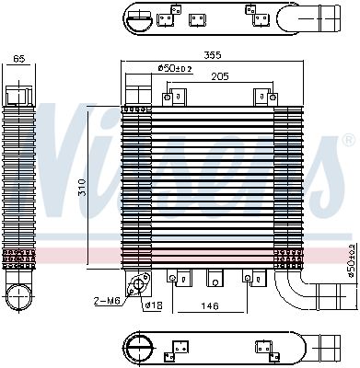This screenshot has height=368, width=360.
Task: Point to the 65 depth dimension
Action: click(x=19, y=59)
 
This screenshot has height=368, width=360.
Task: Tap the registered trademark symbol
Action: click(x=349, y=140)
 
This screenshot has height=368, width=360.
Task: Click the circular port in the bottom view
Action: click(x=140, y=348)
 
